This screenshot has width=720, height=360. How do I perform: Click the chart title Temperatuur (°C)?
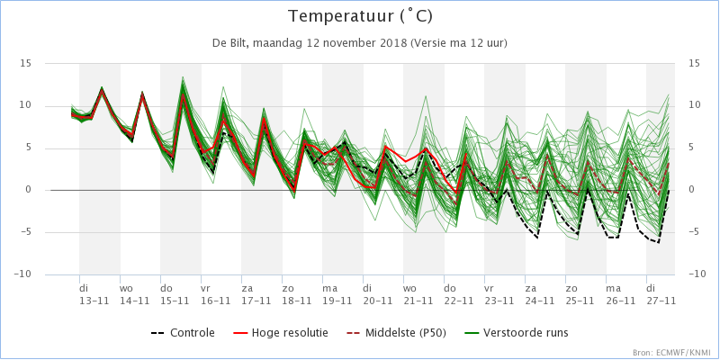pyautogui.click(x=360, y=17)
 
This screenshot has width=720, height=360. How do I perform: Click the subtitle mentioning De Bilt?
pyautogui.click(x=359, y=43)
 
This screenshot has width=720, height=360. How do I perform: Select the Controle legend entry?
pyautogui.click(x=183, y=332)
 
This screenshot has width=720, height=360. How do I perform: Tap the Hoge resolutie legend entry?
pyautogui.click(x=282, y=332)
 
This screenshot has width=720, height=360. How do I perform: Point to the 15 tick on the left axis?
pyautogui.click(x=25, y=63)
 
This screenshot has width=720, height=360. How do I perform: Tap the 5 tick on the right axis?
pyautogui.click(x=690, y=148)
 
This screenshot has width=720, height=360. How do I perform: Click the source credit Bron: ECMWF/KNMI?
pyautogui.click(x=674, y=353)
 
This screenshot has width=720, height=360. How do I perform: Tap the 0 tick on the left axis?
pyautogui.click(x=29, y=190)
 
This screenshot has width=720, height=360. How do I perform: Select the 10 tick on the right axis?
pyautogui.click(x=693, y=105)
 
